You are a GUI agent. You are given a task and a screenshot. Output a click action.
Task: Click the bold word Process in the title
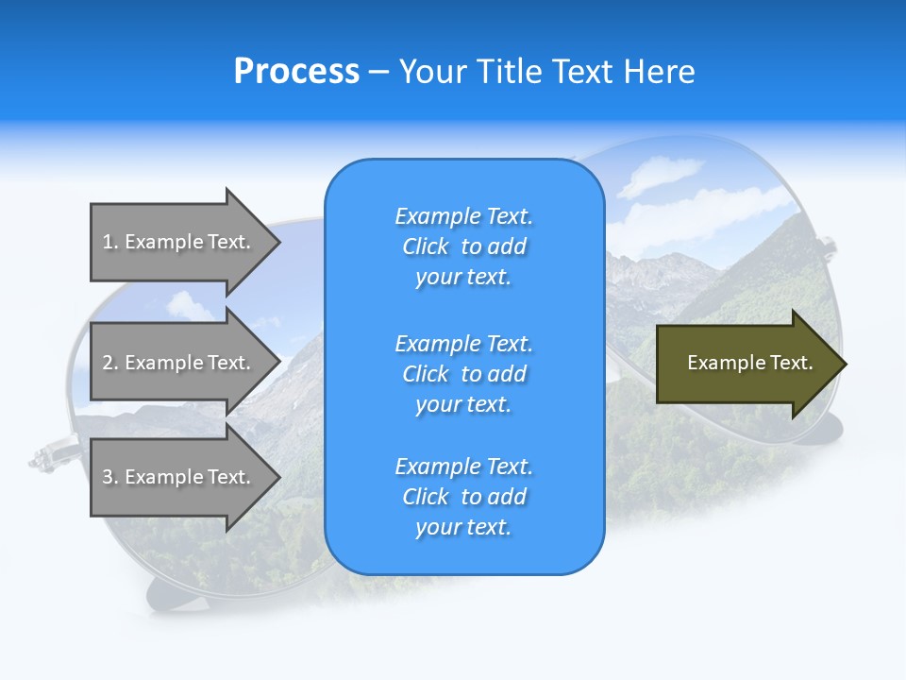296,72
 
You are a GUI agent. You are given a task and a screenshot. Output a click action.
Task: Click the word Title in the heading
510,72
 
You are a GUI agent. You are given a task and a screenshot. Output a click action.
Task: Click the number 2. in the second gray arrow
110,363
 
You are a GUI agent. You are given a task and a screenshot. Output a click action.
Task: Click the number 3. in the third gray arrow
110,477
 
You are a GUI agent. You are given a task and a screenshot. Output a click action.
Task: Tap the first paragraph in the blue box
463,246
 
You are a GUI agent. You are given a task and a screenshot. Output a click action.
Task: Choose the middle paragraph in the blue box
463,374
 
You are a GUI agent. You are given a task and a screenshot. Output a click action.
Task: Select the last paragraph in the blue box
463,497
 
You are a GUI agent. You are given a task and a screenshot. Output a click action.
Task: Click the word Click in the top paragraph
426,247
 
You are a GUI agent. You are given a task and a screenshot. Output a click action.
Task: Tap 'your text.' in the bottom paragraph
463,527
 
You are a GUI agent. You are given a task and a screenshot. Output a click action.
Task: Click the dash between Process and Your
378,73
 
